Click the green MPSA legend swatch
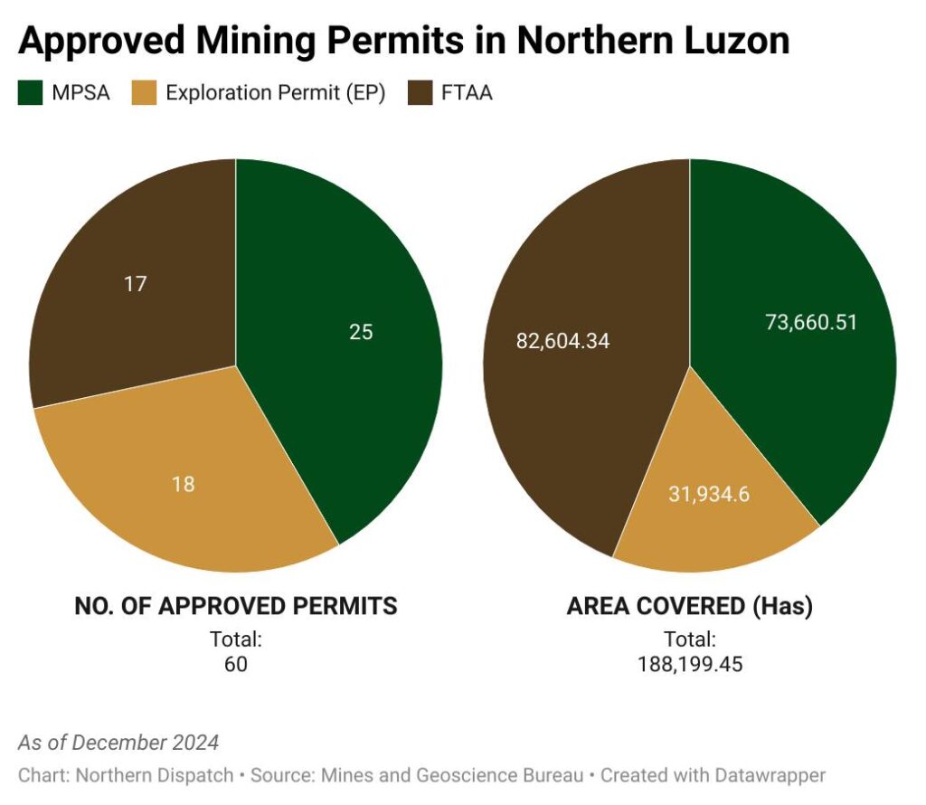pyautogui.click(x=31, y=92)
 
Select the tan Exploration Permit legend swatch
pyautogui.click(x=146, y=92)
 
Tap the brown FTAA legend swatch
pyautogui.click(x=420, y=92)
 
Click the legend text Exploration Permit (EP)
pyautogui.click(x=276, y=92)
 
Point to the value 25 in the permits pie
pyautogui.click(x=361, y=332)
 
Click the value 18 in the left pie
pyautogui.click(x=184, y=484)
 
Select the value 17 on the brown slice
pyautogui.click(x=136, y=284)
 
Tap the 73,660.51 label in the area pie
pyautogui.click(x=811, y=322)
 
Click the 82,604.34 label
pyautogui.click(x=562, y=341)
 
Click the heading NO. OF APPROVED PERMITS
pyautogui.click(x=235, y=606)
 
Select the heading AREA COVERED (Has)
pyautogui.click(x=689, y=606)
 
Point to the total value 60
pyautogui.click(x=235, y=664)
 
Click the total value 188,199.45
pyautogui.click(x=689, y=664)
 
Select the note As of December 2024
pyautogui.click(x=118, y=743)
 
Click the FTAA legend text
pyautogui.click(x=468, y=92)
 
